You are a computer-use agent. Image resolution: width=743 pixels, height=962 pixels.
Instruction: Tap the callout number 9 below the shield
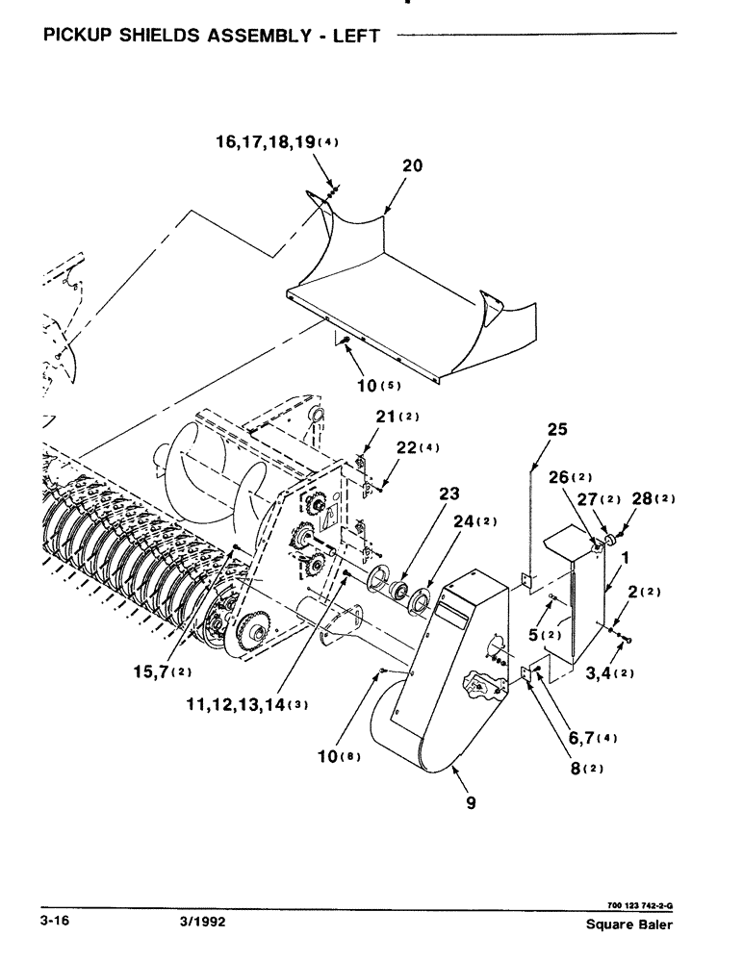pos(471,801)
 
